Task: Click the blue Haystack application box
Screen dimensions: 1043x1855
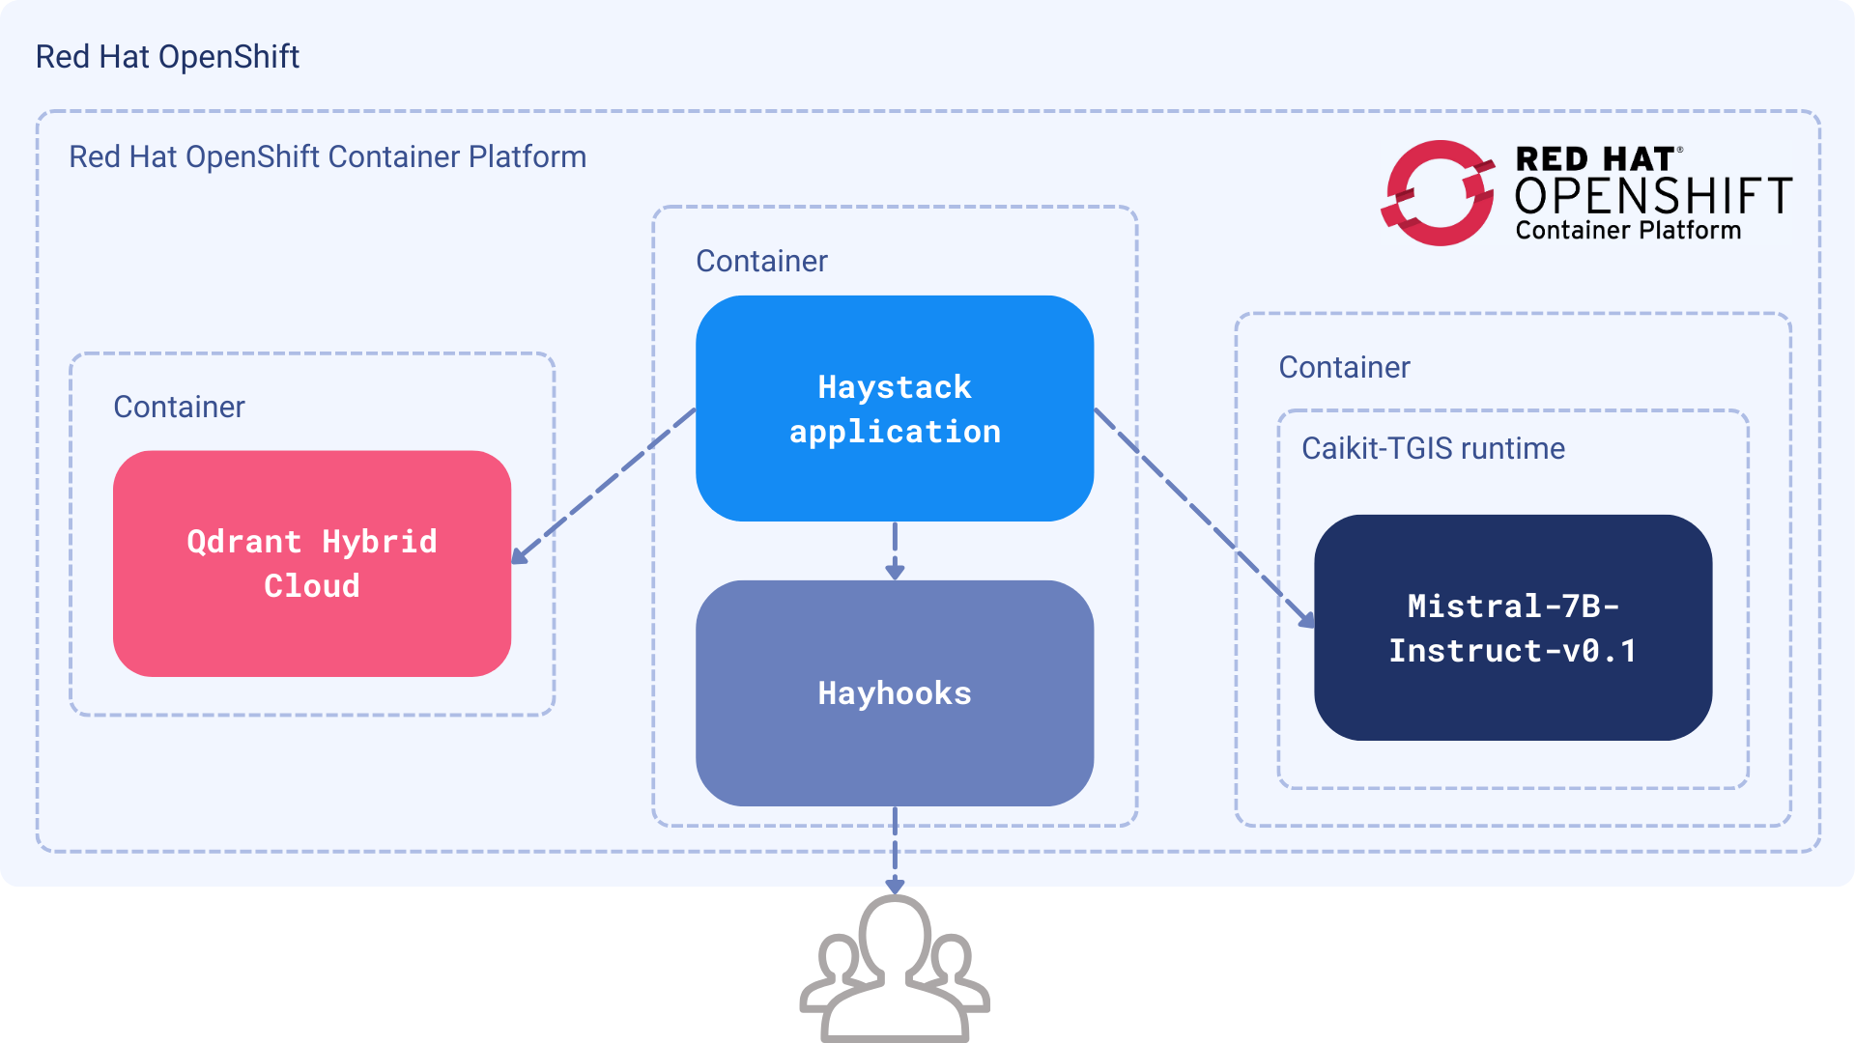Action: [895, 409]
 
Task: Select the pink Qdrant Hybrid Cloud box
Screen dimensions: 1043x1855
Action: [311, 563]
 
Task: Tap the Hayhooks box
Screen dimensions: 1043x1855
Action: [895, 692]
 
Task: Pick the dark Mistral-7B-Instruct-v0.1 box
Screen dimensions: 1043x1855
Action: [1513, 628]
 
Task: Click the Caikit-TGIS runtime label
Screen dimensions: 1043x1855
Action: [1433, 448]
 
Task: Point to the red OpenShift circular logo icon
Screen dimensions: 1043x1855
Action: [1437, 193]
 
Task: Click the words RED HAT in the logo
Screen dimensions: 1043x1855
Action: [1594, 158]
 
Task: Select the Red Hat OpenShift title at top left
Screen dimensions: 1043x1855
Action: [167, 57]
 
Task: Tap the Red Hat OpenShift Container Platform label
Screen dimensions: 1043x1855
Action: [328, 156]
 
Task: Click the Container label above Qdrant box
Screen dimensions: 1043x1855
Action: [179, 407]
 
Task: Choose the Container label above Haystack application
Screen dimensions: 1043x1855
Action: [761, 261]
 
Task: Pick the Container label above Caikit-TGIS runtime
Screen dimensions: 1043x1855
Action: [1344, 367]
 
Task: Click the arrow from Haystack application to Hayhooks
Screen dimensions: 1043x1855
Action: [895, 550]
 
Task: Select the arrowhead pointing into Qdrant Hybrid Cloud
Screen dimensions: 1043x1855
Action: [520, 555]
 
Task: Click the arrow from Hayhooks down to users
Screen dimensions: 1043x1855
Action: [895, 850]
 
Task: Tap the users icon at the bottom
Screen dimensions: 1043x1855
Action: [895, 971]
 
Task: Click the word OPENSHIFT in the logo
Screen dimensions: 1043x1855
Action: [1652, 196]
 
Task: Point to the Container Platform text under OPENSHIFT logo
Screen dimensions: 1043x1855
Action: [1628, 231]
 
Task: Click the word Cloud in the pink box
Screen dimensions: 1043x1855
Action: [311, 585]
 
